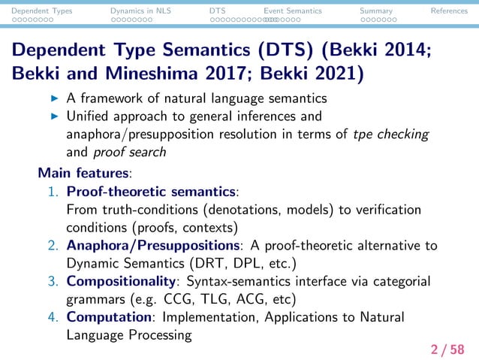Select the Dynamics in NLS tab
(x=136, y=11)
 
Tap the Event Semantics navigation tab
(x=293, y=11)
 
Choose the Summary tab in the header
(x=375, y=11)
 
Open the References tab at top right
(x=449, y=11)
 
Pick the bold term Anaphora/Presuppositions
(x=153, y=245)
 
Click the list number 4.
(x=53, y=317)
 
